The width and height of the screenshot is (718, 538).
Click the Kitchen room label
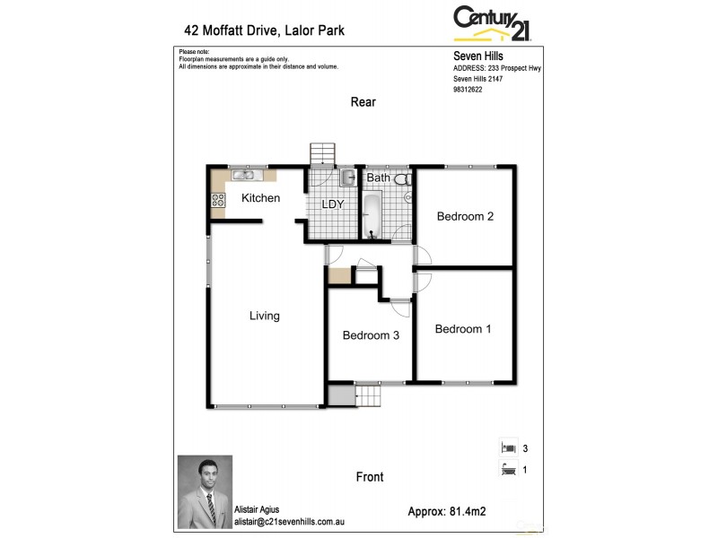pyautogui.click(x=261, y=198)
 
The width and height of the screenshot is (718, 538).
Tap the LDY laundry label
pyautogui.click(x=334, y=204)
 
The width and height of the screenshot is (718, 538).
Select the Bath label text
pyautogui.click(x=379, y=178)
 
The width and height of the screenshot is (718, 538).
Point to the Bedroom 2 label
pyautogui.click(x=465, y=216)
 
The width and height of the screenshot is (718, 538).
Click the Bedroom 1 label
pyautogui.click(x=463, y=329)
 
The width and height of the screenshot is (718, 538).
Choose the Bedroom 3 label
pyautogui.click(x=371, y=335)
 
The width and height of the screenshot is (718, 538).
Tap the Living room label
pyautogui.click(x=265, y=316)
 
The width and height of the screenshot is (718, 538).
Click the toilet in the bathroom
pyautogui.click(x=401, y=178)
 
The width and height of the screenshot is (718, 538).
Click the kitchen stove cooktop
pyautogui.click(x=217, y=202)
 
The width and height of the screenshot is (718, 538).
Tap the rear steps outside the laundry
pyautogui.click(x=321, y=153)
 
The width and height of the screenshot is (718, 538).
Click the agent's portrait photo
pyautogui.click(x=205, y=490)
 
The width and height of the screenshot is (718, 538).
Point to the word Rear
pyautogui.click(x=363, y=102)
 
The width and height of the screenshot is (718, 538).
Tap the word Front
pyautogui.click(x=370, y=477)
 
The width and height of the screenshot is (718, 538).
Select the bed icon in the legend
pyautogui.click(x=508, y=447)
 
